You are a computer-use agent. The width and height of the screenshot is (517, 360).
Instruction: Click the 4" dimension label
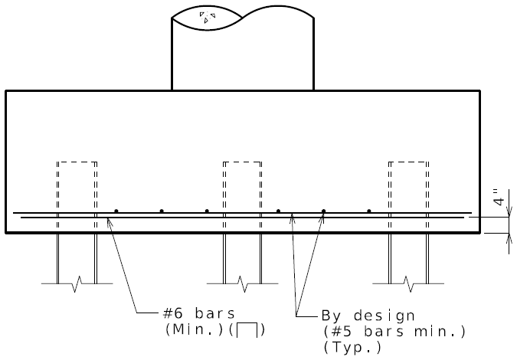pyautogui.click(x=499, y=197)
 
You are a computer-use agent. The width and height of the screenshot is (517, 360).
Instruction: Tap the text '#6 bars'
pyautogui.click(x=199, y=313)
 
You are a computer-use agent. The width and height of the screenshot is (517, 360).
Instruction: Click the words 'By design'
pyautogui.click(x=368, y=316)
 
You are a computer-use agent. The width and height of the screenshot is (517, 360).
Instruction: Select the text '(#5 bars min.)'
pyautogui.click(x=394, y=332)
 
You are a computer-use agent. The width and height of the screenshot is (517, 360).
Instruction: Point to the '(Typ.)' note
pyautogui.click(x=352, y=347)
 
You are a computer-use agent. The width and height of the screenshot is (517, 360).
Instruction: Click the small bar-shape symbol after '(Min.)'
pyautogui.click(x=247, y=330)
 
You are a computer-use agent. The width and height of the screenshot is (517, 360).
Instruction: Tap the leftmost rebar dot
pyautogui.click(x=116, y=211)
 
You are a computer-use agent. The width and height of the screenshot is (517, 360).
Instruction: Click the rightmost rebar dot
pyautogui.click(x=369, y=211)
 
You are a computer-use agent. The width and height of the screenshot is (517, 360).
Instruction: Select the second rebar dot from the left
pyautogui.click(x=162, y=211)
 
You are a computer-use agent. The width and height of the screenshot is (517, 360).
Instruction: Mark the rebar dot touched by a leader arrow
pyautogui.click(x=323, y=211)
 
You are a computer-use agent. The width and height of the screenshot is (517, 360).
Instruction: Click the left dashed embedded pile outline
pyautogui.click(x=77, y=195)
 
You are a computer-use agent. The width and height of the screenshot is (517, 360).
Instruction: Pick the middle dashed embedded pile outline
pyautogui.click(x=242, y=195)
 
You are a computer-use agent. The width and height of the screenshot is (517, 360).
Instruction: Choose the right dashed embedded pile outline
pyautogui.click(x=409, y=195)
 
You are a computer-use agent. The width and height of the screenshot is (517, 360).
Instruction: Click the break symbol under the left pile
pyautogui.click(x=77, y=284)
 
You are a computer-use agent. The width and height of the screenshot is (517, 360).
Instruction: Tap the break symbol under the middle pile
pyautogui.click(x=242, y=284)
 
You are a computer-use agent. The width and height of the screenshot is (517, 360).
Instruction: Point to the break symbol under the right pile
pyautogui.click(x=408, y=284)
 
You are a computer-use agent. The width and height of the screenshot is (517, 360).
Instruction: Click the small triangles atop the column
pyautogui.click(x=208, y=17)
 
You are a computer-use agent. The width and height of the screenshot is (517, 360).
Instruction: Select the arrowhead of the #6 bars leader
pyautogui.click(x=110, y=221)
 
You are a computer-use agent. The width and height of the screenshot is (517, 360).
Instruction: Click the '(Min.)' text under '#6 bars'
pyautogui.click(x=195, y=329)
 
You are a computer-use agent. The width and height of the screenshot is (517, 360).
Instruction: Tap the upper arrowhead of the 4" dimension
pyautogui.click(x=509, y=211)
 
